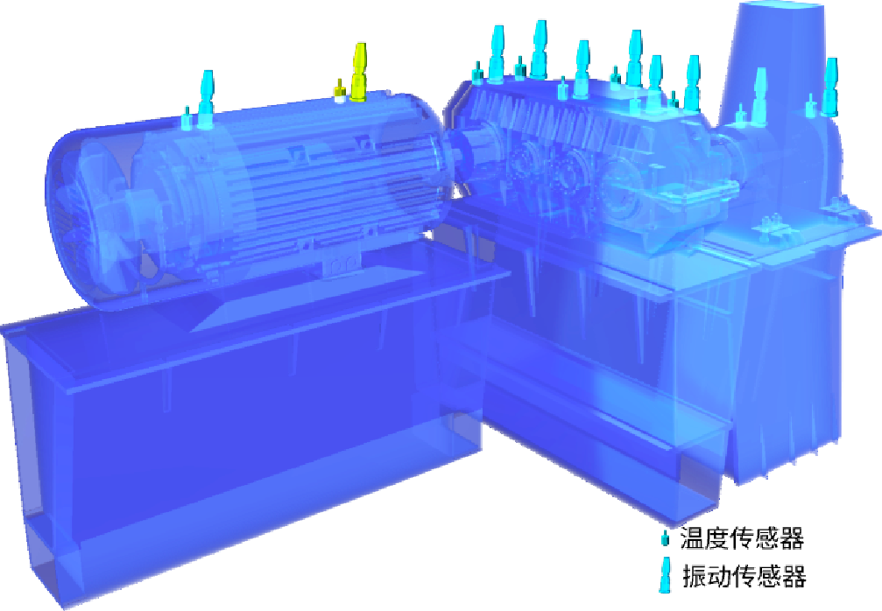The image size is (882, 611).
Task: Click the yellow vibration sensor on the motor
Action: click(358, 73)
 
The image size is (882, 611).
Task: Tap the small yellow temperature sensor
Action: click(339, 93)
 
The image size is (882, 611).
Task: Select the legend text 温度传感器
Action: click(742, 537)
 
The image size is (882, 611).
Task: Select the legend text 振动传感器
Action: click(744, 576)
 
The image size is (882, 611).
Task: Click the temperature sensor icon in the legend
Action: click(665, 538)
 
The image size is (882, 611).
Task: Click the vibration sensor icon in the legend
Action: click(666, 574)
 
